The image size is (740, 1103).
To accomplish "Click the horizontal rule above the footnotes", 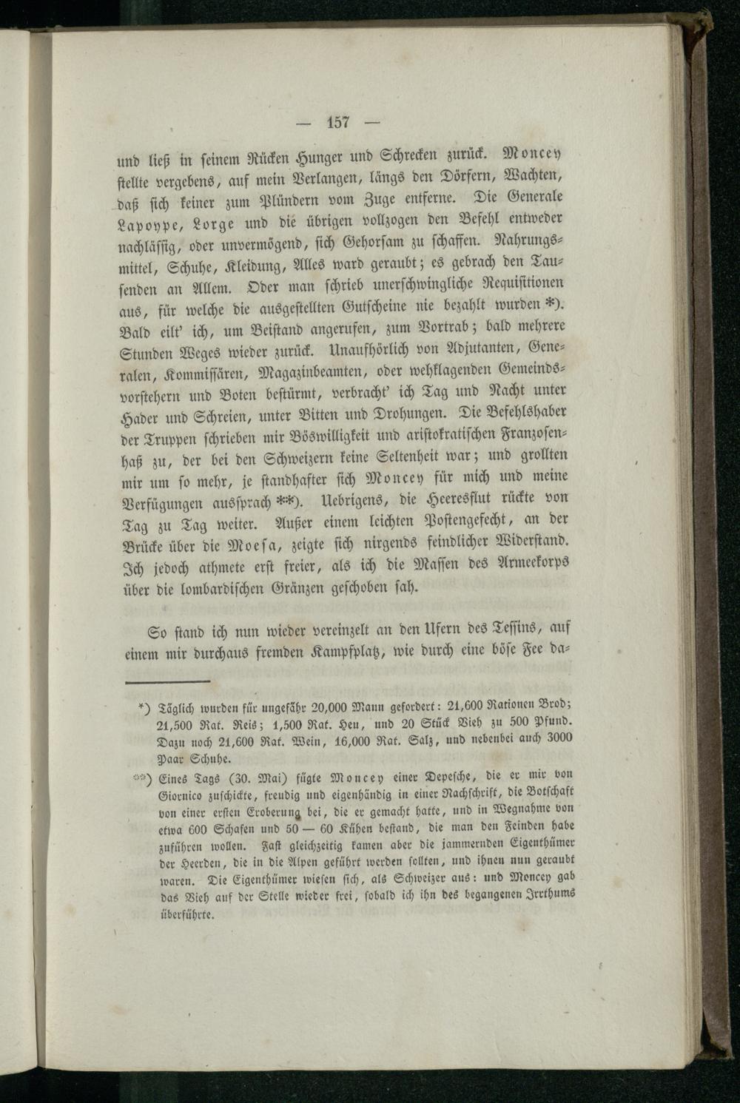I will tap(167, 681).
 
